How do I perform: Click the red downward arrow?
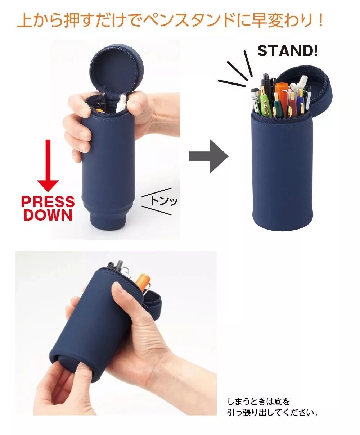[x=48, y=166]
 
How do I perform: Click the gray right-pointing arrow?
[x=208, y=156]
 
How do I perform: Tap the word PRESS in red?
[x=48, y=201]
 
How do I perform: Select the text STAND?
[x=288, y=51]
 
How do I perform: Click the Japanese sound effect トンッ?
[x=164, y=201]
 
